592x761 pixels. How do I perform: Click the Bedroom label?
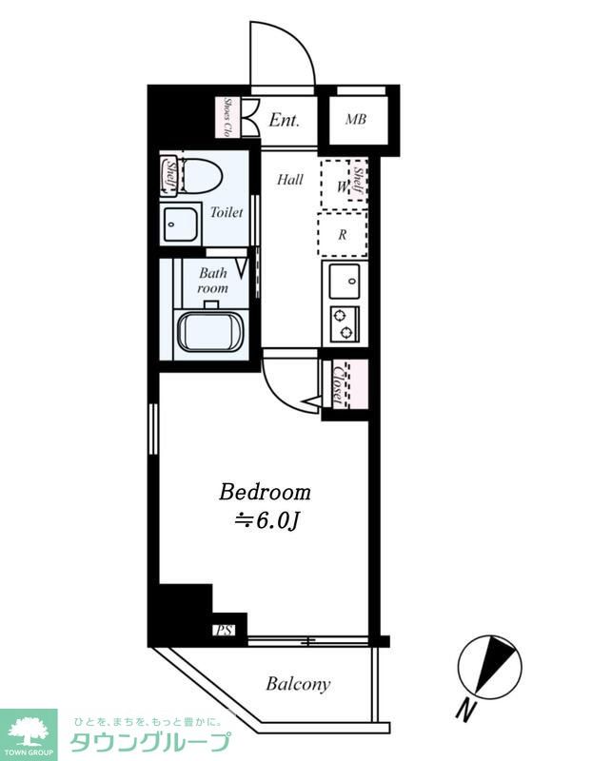pyautogui.click(x=265, y=492)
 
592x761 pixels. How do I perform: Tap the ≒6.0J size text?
pyautogui.click(x=266, y=520)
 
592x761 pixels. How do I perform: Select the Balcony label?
pyautogui.click(x=298, y=684)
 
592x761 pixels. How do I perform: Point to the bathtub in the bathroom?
pyautogui.click(x=210, y=331)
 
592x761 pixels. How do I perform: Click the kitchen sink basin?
pyautogui.click(x=345, y=282)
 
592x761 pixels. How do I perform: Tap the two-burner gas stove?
pyautogui.click(x=345, y=323)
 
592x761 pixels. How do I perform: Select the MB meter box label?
pyautogui.click(x=356, y=120)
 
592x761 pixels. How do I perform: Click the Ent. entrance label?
pyautogui.click(x=284, y=120)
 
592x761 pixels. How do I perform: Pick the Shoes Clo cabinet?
pyautogui.click(x=227, y=117)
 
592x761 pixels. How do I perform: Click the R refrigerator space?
pyautogui.click(x=343, y=235)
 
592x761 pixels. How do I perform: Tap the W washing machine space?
pyautogui.click(x=344, y=185)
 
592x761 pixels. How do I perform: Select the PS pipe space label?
pyautogui.click(x=224, y=631)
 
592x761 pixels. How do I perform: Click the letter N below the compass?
pyautogui.click(x=466, y=710)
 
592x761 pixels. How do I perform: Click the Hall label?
pyautogui.click(x=290, y=180)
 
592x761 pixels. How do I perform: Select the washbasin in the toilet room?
pyautogui.click(x=181, y=224)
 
